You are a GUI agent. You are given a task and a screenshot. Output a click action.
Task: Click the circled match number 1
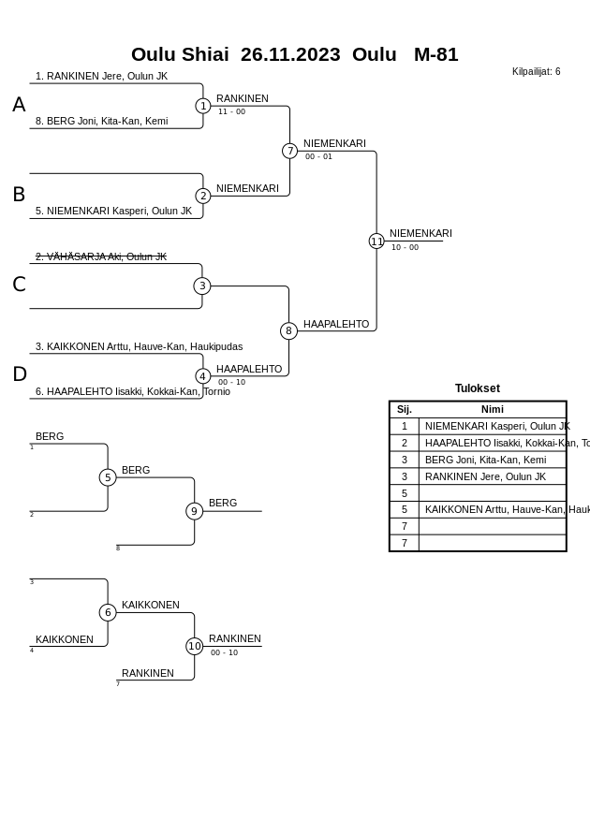203,106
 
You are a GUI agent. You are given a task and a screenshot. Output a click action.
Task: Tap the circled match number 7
290,151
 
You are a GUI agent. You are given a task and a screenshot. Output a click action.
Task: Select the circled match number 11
376,241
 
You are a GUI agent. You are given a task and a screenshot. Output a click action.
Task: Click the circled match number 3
202,285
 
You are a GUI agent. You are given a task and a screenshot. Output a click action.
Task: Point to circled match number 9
194,511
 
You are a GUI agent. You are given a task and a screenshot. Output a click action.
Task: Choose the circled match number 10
194,646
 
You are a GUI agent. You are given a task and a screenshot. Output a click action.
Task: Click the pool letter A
19,105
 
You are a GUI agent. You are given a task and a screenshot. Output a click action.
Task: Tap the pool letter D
19,374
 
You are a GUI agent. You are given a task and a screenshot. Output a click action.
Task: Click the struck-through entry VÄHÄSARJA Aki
101,256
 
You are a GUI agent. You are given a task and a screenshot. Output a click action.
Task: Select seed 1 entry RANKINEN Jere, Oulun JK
101,76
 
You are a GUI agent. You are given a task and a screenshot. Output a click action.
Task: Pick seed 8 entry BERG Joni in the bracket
101,121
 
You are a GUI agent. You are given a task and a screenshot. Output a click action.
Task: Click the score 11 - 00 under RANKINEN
231,111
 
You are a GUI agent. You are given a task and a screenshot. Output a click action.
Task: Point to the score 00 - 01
318,156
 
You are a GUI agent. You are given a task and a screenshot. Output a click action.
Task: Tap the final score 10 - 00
405,247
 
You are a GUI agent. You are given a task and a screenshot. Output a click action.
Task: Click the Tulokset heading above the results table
477,388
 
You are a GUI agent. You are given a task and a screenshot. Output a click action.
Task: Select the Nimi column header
492,409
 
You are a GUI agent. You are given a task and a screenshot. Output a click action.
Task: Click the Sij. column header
404,409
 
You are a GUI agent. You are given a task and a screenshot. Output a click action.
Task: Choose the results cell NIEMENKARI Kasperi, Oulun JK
496,426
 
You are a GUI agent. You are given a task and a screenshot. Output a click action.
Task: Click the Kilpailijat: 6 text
536,71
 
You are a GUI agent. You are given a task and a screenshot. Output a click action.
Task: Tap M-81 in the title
435,54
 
